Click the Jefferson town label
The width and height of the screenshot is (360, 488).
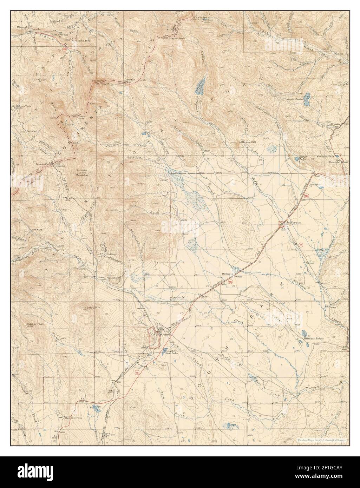point(294,223)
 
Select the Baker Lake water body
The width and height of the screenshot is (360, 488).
point(297,159)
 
